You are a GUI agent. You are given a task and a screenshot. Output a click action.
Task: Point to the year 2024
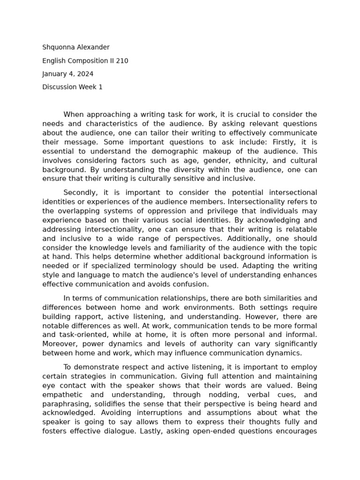click(85, 74)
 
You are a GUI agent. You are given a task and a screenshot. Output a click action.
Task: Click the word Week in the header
click(86, 87)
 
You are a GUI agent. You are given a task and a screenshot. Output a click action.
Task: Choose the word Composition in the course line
click(89, 60)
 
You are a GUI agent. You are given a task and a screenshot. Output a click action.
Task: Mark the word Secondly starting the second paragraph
click(80, 193)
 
